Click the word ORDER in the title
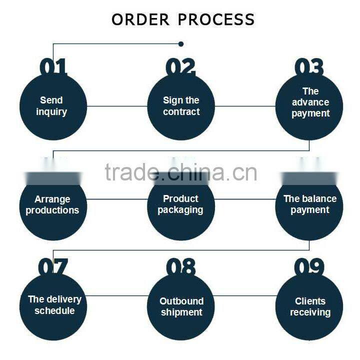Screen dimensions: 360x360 click(x=140, y=19)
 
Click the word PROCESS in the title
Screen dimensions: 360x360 click(x=216, y=19)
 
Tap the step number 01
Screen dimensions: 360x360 click(x=52, y=66)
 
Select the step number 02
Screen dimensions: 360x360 click(x=180, y=66)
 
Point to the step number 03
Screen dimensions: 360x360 click(x=308, y=66)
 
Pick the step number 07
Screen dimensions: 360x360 click(x=52, y=267)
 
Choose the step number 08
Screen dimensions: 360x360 click(x=180, y=267)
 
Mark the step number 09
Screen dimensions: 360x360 click(x=308, y=267)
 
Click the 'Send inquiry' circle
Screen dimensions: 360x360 click(x=52, y=106)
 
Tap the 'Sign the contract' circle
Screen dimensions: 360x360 click(x=181, y=106)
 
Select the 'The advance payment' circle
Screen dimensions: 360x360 click(x=309, y=106)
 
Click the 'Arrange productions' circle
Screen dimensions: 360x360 click(x=52, y=205)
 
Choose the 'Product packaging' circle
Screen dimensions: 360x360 click(x=181, y=205)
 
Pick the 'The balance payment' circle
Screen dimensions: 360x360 click(x=309, y=205)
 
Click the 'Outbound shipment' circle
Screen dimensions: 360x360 click(x=181, y=306)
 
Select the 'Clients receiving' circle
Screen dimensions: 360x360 click(x=309, y=306)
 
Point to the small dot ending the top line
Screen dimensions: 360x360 click(x=181, y=44)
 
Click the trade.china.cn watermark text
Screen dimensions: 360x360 click(x=181, y=172)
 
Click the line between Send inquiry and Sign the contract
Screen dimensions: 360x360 click(x=116, y=106)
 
